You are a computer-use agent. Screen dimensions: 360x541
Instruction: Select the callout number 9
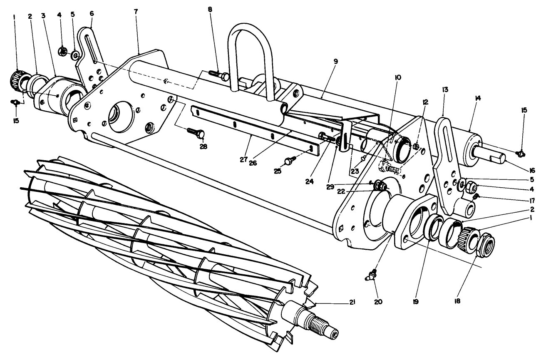335,61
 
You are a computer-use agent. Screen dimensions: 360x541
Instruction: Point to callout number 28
203,146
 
